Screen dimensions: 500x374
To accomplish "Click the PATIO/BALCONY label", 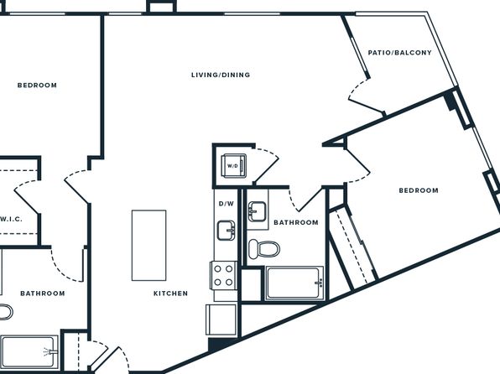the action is pos(399,53).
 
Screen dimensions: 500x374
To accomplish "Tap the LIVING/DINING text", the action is pos(221,75).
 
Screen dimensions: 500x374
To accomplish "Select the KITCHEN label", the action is pos(170,293).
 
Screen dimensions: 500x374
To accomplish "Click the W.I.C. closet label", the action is pos(11,219).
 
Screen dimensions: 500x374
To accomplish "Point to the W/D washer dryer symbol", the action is pos(234,165).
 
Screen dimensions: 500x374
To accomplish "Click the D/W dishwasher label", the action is pos(226,204).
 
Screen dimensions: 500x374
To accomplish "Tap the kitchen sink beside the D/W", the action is pos(226,231).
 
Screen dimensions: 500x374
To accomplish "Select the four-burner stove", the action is pos(223,276).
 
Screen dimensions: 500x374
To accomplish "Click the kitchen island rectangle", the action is pos(149,245).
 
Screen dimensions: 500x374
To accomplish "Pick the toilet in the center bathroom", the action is pos(264,249).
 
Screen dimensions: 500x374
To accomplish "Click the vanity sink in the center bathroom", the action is pos(257,211).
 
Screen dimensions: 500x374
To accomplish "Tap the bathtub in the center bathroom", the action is pos(294,283).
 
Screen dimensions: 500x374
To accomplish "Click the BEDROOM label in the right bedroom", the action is pos(419,190).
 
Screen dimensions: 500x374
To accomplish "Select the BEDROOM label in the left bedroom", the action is pos(37,86).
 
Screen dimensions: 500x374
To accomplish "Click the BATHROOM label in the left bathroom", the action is pos(43,293).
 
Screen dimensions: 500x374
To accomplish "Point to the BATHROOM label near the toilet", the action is pos(296,222).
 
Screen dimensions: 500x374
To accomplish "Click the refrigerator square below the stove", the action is pos(221,319).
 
